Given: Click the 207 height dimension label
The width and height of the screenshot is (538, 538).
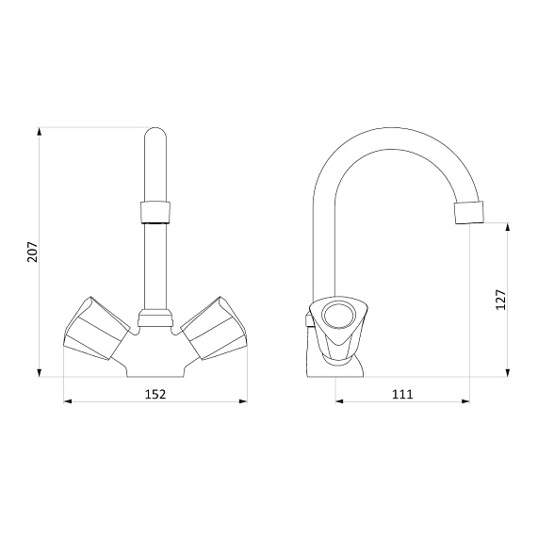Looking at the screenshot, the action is point(33,253).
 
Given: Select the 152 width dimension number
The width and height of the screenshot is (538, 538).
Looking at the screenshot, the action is point(155,394).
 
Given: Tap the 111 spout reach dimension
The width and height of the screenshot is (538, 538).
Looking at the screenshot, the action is point(402,394).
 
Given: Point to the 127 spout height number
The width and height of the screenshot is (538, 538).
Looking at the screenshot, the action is point(501,300).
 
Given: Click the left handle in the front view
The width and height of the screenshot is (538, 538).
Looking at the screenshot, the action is point(97,329).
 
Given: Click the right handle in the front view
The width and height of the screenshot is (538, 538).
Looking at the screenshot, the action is point(214,329).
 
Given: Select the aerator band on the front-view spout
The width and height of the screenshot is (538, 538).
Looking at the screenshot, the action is point(155,212).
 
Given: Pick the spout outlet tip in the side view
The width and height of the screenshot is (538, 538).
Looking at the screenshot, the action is point(469,213).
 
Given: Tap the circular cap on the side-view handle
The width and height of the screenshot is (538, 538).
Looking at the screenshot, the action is point(337,316).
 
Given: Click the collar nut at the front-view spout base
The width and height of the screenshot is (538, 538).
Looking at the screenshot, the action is point(155,318).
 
